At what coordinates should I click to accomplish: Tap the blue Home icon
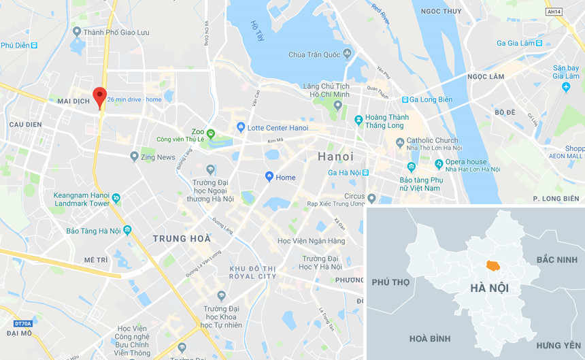tap(269, 177)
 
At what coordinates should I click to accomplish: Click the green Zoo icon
tap(211, 132)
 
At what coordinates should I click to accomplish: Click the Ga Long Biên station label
tap(431, 99)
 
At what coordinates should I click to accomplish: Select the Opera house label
tap(466, 162)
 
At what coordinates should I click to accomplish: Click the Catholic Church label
tap(433, 141)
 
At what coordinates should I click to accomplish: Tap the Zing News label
tap(158, 157)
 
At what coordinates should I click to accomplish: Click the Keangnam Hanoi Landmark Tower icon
tap(116, 199)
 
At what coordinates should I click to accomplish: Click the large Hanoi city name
tap(335, 157)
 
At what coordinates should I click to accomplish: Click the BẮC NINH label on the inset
tap(556, 260)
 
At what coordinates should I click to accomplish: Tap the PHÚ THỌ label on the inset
tap(391, 282)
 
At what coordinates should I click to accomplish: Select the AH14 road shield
tap(554, 12)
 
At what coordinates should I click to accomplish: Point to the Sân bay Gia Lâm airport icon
tap(567, 87)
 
